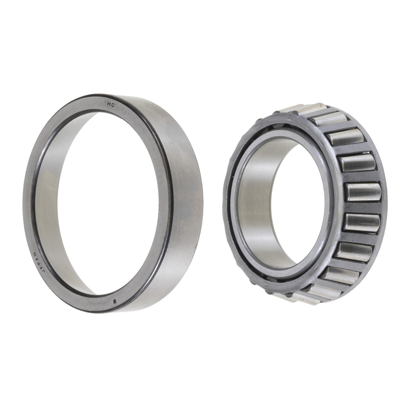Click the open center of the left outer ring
point(109,204)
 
